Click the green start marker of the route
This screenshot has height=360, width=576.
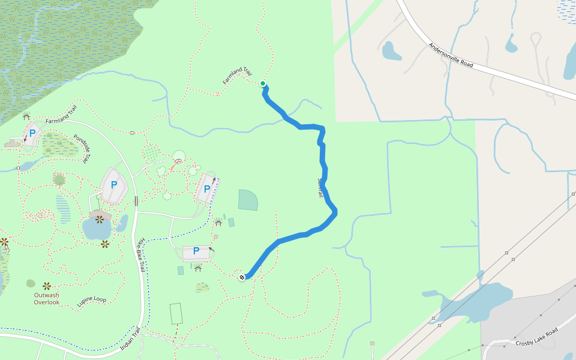click(263, 83)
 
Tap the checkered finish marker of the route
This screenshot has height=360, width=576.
click(242, 277)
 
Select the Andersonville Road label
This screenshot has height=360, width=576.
click(451, 55)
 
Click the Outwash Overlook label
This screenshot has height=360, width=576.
click(46, 298)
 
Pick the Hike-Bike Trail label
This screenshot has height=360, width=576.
click(141, 254)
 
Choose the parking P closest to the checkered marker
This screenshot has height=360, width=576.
click(196, 251)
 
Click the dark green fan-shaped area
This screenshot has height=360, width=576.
click(248, 200)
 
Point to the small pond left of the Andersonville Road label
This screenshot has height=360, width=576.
click(391, 51)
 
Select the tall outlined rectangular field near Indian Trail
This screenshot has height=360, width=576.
click(175, 313)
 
